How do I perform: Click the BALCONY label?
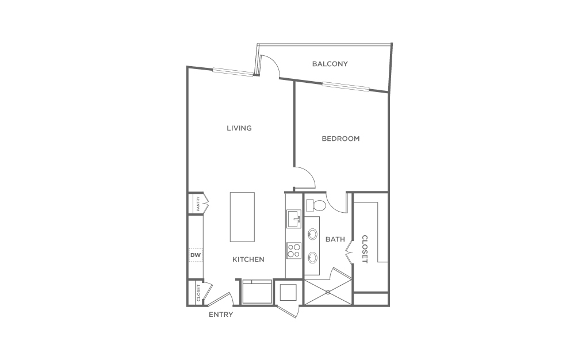tap(330, 64)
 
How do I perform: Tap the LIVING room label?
tap(239, 128)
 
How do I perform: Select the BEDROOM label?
tap(340, 139)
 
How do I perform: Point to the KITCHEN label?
tap(248, 259)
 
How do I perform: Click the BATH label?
tap(335, 239)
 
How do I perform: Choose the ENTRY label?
tap(221, 314)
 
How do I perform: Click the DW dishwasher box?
tap(196, 255)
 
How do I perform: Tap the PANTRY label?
tap(198, 204)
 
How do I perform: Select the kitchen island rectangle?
tap(242, 217)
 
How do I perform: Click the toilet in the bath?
tap(315, 205)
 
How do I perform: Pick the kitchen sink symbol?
tap(293, 219)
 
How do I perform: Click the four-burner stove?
tap(293, 251)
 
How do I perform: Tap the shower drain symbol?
tap(328, 292)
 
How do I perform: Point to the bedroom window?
tap(346, 87)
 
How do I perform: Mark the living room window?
tap(233, 72)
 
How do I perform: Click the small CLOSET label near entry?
tap(198, 293)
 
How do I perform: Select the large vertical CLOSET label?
tap(365, 249)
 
